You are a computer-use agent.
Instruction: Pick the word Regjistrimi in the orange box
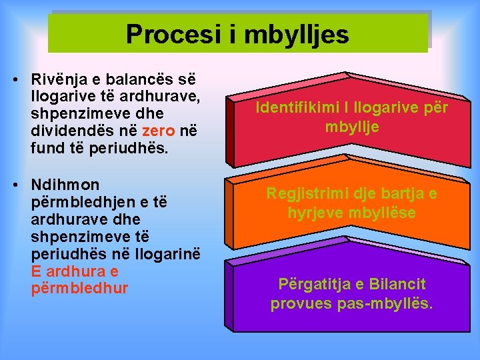pyautogui.click(x=305, y=194)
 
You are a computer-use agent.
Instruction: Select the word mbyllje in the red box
pyautogui.click(x=352, y=127)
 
